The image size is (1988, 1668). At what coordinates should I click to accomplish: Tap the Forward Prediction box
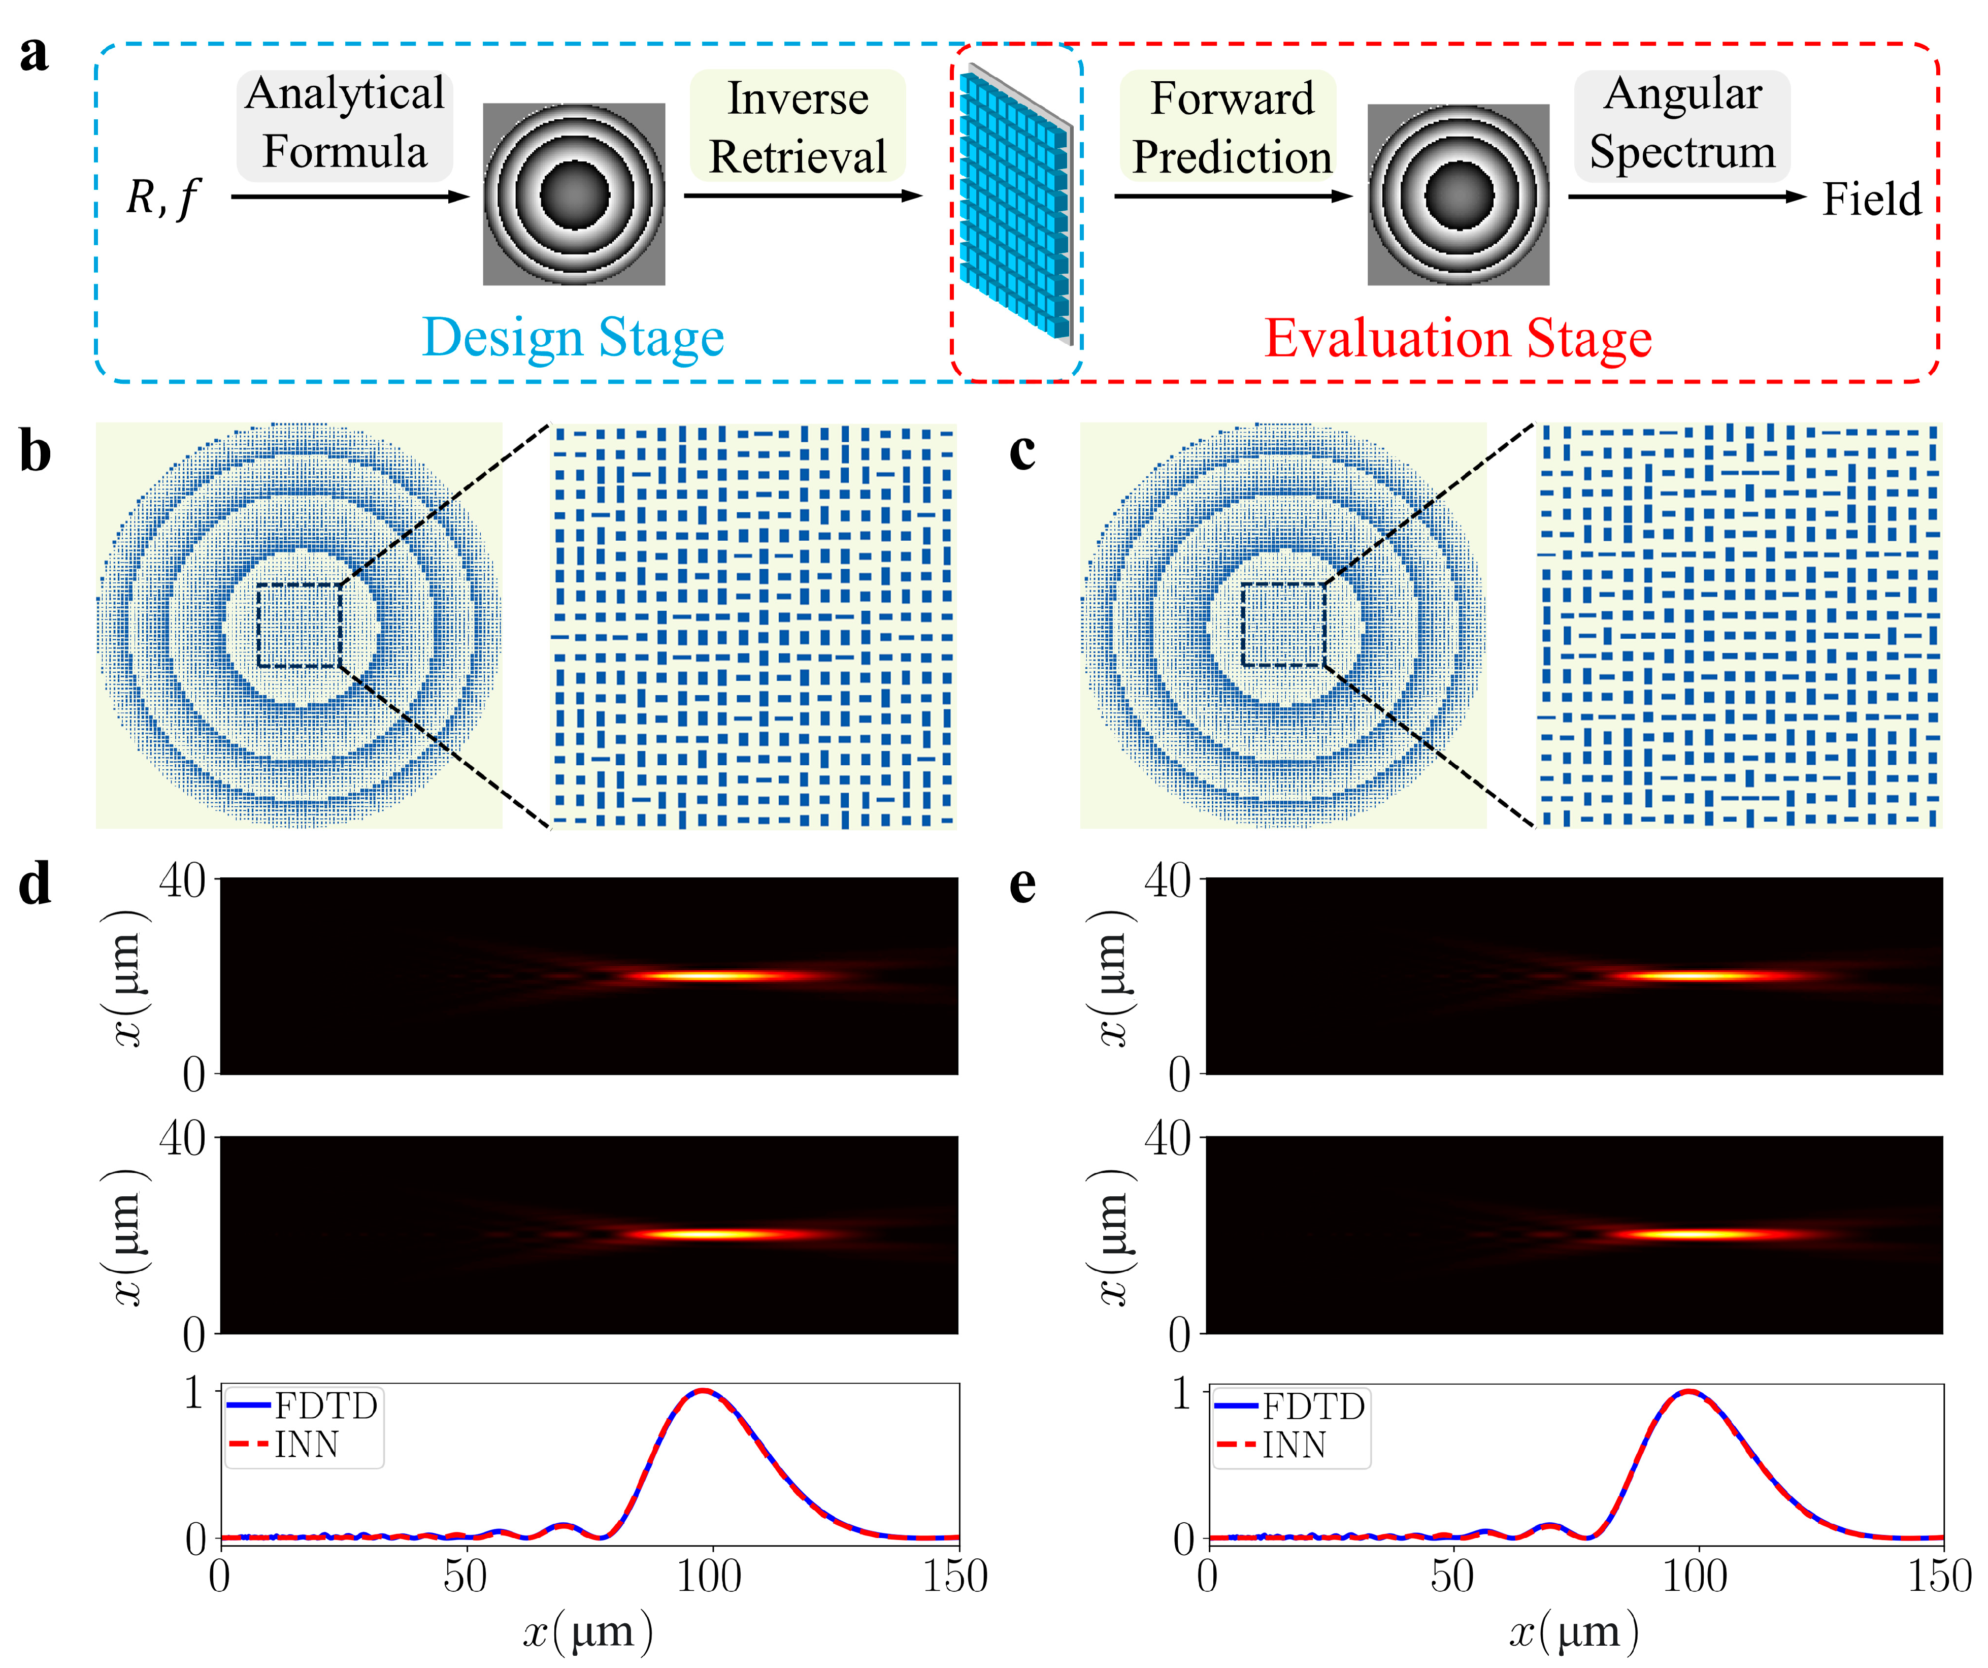(1231, 127)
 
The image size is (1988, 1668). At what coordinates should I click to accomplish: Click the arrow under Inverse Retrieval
(802, 196)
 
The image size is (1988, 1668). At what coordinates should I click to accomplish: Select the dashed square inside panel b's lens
(299, 625)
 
